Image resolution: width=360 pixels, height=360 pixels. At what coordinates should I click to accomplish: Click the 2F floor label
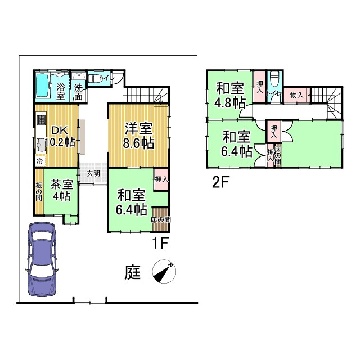tap(220, 182)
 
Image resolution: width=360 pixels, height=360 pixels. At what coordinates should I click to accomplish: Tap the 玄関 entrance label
tap(93, 174)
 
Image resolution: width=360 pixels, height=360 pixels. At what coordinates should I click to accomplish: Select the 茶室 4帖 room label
tap(60, 190)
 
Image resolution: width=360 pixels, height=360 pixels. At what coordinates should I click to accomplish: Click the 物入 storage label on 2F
tap(296, 96)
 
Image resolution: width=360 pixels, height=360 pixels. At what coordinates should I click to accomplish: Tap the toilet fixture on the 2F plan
tap(274, 79)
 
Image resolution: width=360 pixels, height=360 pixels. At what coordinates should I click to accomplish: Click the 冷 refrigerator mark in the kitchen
tap(39, 161)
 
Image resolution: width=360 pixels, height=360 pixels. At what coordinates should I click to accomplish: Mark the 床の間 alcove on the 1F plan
tap(160, 220)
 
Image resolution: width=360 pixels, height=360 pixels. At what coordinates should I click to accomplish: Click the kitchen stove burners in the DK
tap(40, 119)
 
